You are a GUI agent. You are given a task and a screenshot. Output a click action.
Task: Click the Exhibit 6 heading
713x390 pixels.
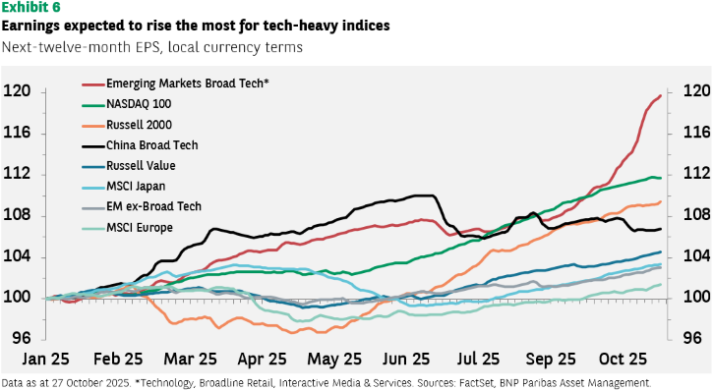pos(30,8)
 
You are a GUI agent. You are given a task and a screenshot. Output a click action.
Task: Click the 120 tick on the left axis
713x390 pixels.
pos(17,91)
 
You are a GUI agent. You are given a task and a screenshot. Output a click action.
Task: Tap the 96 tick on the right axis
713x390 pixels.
pos(692,338)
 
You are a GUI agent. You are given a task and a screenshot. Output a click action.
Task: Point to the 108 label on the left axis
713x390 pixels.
pos(17,215)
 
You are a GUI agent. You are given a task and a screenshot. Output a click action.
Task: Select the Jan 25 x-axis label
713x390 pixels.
pos(46,360)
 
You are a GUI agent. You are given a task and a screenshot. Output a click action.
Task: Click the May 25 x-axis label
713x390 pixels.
pos(334,360)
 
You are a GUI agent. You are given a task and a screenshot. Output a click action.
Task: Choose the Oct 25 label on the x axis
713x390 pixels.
pos(623,360)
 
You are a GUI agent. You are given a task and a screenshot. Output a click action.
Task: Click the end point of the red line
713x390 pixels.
pos(660,96)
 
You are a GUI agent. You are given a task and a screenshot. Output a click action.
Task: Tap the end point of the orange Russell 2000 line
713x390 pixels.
pos(660,202)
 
